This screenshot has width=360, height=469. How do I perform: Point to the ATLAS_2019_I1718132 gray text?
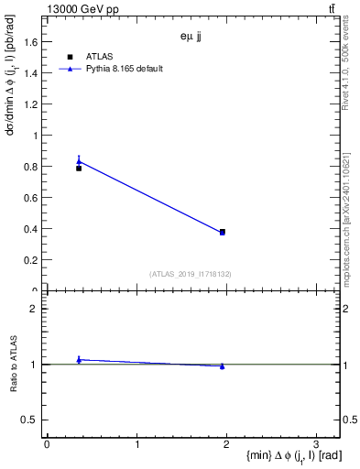pyautogui.click(x=190, y=273)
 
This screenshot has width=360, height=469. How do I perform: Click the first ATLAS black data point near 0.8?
pyautogui.click(x=79, y=169)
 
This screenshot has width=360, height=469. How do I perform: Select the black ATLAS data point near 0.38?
pyautogui.click(x=223, y=232)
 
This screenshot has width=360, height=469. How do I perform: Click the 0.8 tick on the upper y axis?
pyautogui.click(x=31, y=166)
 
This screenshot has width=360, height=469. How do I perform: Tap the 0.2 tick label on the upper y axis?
pyautogui.click(x=31, y=260)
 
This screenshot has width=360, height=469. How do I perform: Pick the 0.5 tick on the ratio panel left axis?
pyautogui.click(x=29, y=420)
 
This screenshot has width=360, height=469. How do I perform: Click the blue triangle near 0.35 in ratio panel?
pyautogui.click(x=79, y=360)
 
